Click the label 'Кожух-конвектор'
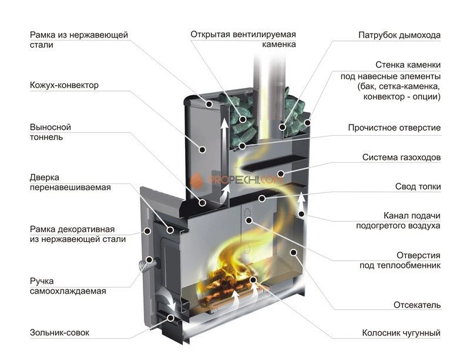coord(64,85)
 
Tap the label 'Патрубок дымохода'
coord(399,35)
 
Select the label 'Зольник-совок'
coord(59,333)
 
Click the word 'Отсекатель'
coord(417,305)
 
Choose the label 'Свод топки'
coord(418,187)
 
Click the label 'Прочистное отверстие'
coord(394,127)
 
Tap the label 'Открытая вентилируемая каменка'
coord(243,39)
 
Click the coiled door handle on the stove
coord(146,265)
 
